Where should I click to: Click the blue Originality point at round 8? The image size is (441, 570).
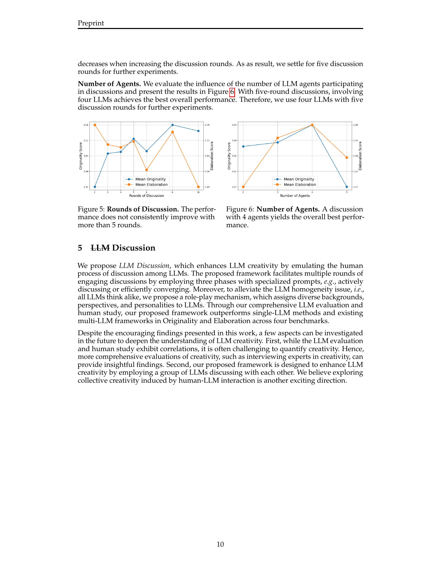click(173, 125)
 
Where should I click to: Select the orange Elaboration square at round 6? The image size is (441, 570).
click(147, 170)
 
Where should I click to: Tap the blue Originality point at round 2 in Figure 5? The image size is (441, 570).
click(95, 187)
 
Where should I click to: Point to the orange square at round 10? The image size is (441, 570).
click(198, 187)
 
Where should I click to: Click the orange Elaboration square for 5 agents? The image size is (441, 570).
click(347, 157)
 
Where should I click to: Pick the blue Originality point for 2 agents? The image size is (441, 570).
click(243, 146)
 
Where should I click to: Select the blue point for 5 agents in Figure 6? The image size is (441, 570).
click(347, 187)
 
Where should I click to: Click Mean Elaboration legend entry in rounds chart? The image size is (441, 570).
click(151, 184)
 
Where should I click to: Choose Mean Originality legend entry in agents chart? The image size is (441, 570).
click(299, 179)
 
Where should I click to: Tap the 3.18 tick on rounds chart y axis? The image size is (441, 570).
click(86, 125)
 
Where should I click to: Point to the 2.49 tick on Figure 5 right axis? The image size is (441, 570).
click(207, 187)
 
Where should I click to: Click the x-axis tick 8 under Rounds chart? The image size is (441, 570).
click(173, 192)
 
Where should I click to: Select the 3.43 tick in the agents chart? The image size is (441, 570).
click(234, 125)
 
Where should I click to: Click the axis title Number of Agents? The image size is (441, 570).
click(295, 196)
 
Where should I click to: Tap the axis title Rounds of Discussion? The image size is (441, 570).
click(146, 196)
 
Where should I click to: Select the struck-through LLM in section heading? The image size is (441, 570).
click(100, 248)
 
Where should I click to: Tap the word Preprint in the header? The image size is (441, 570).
click(91, 23)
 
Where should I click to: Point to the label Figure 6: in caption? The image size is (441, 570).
click(240, 209)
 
